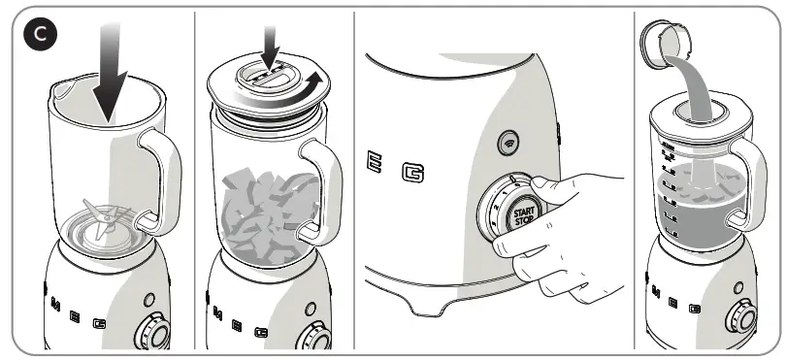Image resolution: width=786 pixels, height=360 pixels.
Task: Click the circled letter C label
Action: coord(40,36)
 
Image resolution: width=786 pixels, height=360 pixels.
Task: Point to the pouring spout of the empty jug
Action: coord(59,90)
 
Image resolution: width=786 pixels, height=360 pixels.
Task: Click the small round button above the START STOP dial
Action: coord(507,142)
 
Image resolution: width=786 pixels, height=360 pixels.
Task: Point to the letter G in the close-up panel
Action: coord(416,175)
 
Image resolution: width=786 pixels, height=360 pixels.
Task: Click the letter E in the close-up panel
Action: coord(376,164)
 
